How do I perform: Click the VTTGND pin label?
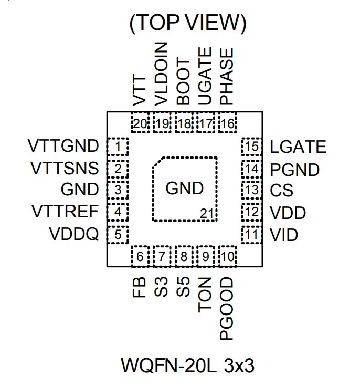[x=63, y=146]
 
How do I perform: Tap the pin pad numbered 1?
[x=118, y=147]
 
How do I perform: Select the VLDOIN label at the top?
[x=161, y=74]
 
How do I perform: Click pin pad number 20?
[x=140, y=123]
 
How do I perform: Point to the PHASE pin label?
[x=227, y=76]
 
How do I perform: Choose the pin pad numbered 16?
[x=228, y=123]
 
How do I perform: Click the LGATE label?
[x=298, y=147]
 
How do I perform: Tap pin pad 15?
[x=251, y=147]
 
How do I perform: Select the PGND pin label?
[x=295, y=170]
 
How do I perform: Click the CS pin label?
[x=281, y=190]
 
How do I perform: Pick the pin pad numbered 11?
[x=251, y=235]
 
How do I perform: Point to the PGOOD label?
[x=227, y=309]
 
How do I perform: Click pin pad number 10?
[x=228, y=256]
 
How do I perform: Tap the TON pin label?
[x=205, y=295]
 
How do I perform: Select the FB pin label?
[x=140, y=287]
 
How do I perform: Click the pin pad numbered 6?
[x=140, y=256]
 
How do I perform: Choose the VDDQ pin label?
[x=74, y=234]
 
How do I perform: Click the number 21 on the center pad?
[x=207, y=214]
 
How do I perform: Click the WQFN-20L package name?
[x=168, y=365]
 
